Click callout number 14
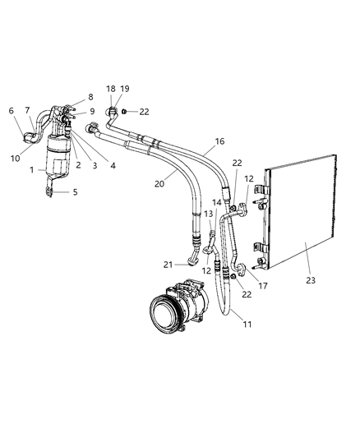[217, 201]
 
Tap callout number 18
[110, 89]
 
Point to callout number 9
[91, 112]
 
